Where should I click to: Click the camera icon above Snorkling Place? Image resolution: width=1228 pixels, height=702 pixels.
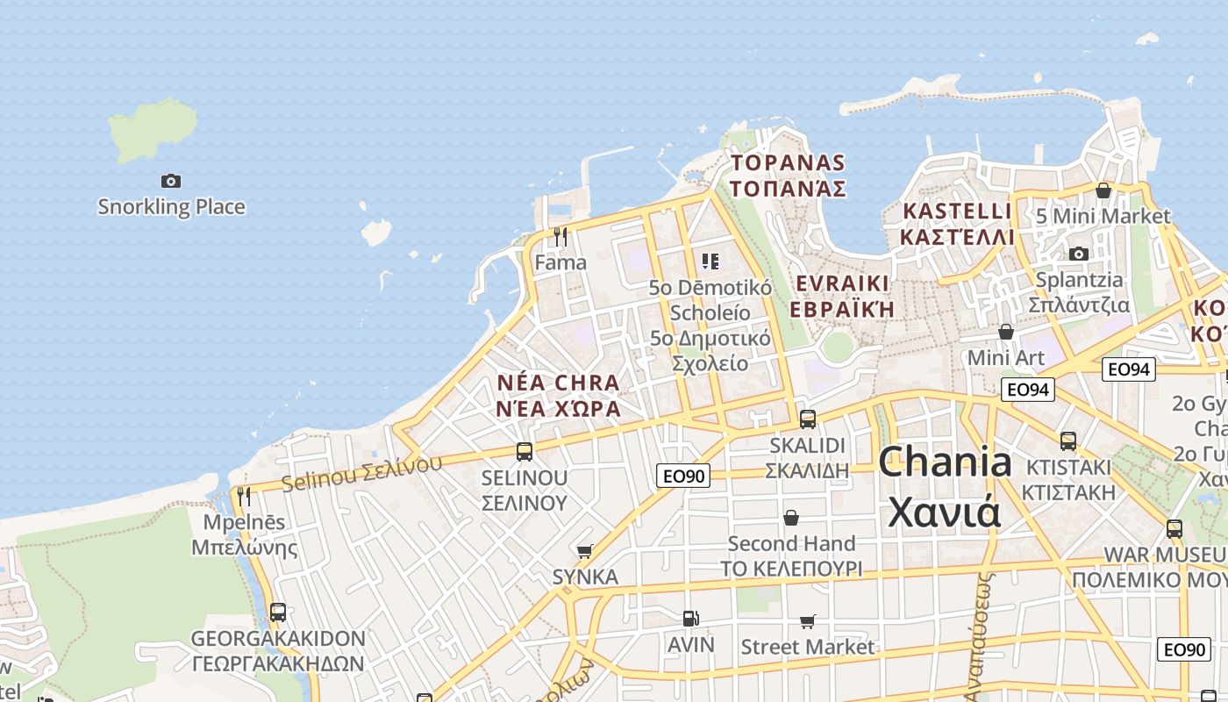(x=171, y=181)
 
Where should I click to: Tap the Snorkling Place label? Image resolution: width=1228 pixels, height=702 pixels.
(x=171, y=207)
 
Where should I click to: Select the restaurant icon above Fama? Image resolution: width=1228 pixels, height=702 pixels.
(x=560, y=236)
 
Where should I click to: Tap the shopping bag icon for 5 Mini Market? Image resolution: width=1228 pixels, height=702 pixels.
(x=1103, y=190)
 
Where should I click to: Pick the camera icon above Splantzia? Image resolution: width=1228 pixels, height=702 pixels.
(x=1078, y=254)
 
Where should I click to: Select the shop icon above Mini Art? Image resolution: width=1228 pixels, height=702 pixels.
(x=1006, y=332)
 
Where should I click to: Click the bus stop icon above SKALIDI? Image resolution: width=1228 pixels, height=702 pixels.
(x=808, y=419)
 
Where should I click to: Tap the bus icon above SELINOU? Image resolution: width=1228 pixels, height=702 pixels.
(x=525, y=451)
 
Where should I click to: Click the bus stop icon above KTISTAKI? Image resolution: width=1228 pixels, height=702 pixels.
(x=1068, y=441)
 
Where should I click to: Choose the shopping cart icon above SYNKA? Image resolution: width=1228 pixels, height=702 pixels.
(x=584, y=551)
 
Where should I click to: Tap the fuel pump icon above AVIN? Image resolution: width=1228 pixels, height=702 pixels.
(x=691, y=619)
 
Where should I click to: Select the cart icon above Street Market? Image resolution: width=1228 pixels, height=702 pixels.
(x=808, y=621)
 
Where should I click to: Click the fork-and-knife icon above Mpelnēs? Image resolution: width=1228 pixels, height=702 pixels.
(x=244, y=496)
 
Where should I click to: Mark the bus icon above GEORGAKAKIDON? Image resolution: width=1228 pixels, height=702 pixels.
(x=278, y=612)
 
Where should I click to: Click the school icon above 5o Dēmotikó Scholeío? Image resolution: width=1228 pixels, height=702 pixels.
(x=710, y=261)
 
